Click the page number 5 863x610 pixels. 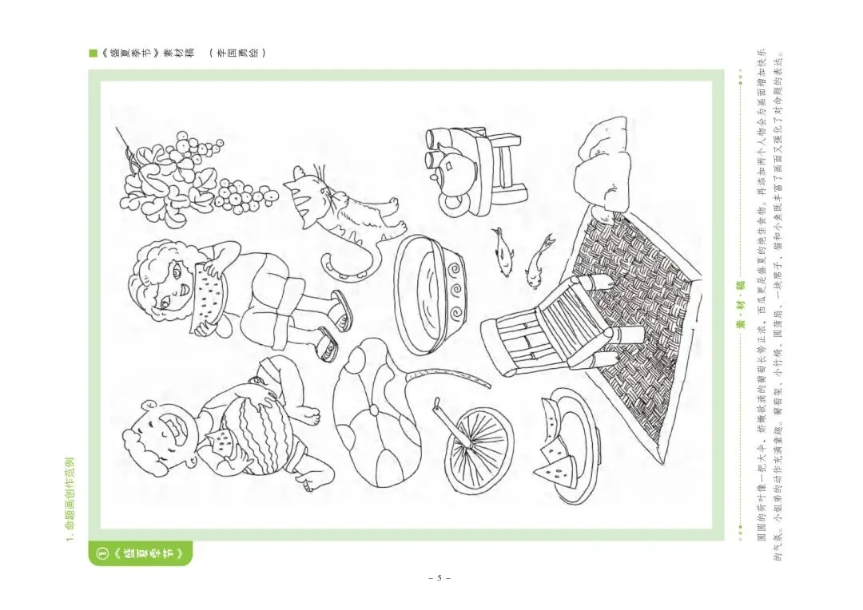coord(438,577)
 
